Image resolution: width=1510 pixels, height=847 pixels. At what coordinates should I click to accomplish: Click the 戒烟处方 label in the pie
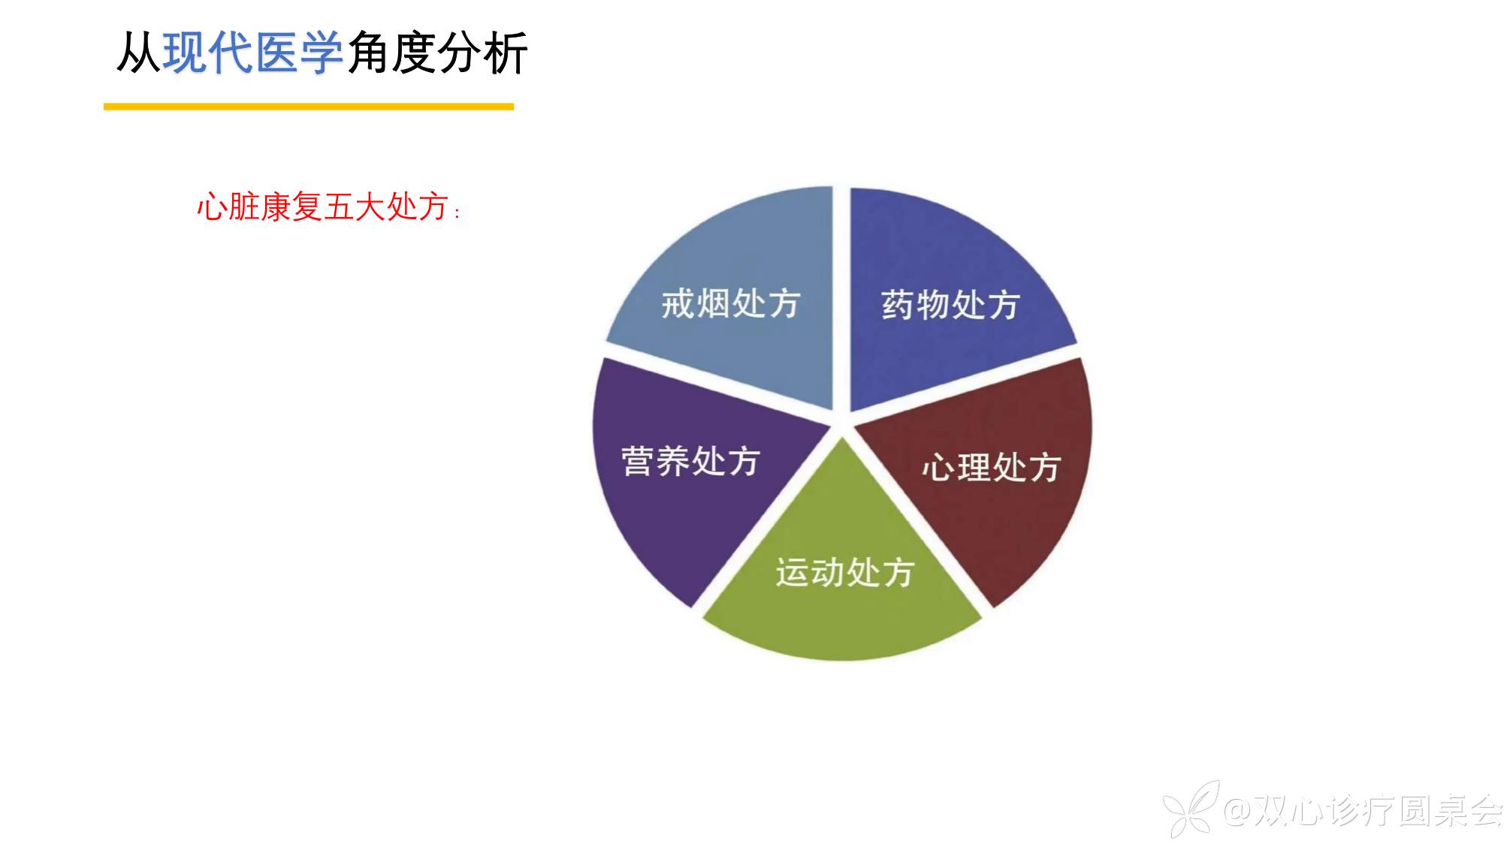point(730,304)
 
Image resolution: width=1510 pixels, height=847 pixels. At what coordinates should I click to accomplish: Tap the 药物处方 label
point(950,305)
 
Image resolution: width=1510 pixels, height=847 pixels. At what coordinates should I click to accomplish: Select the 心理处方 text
point(992,467)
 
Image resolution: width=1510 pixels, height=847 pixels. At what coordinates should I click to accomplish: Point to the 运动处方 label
point(845,572)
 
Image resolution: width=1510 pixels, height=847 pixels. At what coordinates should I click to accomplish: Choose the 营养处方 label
point(690,460)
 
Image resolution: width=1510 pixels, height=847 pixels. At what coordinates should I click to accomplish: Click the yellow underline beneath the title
point(309,107)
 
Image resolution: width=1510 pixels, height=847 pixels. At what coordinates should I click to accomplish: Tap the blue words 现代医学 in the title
point(253,53)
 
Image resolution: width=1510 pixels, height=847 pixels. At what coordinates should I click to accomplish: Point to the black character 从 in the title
point(139,53)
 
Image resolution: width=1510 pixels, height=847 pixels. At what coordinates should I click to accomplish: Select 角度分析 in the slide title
point(437,53)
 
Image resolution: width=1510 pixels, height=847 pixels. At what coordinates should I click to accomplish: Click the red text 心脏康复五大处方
point(322,206)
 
